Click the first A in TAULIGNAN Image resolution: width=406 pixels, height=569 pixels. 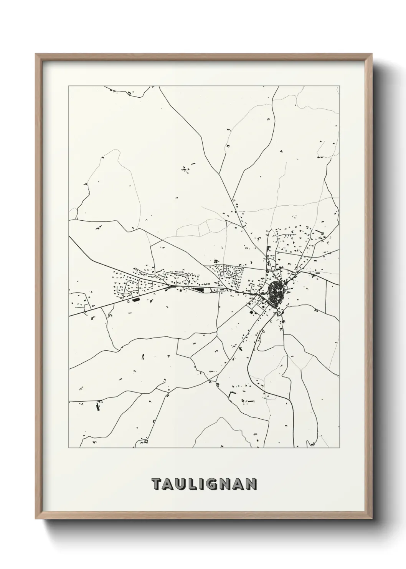point(169,484)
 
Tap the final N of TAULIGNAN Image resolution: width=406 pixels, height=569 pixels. point(251,484)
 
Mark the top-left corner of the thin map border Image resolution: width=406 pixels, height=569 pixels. point(69,86)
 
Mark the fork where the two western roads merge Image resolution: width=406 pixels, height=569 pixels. point(169,287)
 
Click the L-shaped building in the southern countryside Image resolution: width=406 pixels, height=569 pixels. point(231,394)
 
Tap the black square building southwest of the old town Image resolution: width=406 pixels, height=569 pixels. point(252,313)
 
